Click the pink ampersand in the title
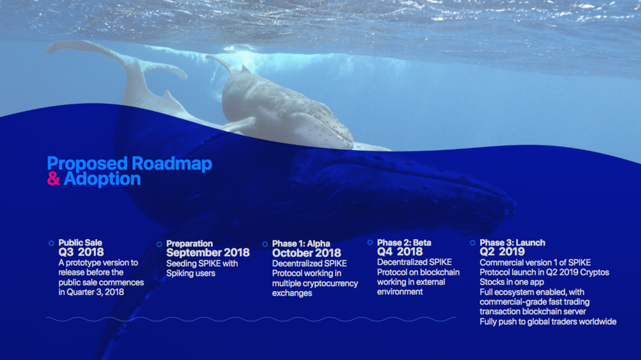point(54,179)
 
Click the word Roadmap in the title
point(172,163)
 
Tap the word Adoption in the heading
point(102,179)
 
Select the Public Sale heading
point(80,242)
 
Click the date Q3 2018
point(81,252)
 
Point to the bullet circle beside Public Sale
point(51,243)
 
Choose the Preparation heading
point(189,244)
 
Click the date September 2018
point(208,253)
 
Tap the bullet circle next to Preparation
point(159,244)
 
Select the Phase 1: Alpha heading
point(301,244)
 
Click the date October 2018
point(307,253)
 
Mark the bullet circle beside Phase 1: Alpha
point(265,244)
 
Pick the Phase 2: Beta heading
point(404,242)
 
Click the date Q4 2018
point(400,252)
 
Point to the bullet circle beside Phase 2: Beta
point(370,242)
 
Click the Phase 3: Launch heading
point(512,242)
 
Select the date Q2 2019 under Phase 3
point(502,252)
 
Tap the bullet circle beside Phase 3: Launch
point(473,242)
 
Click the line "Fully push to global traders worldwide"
point(548,322)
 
